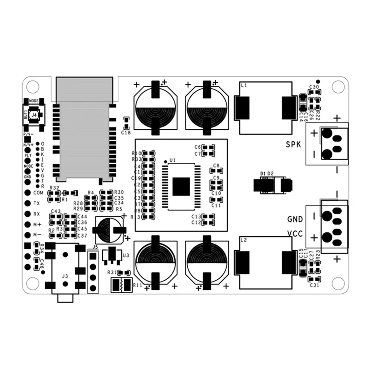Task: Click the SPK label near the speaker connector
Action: pyautogui.click(x=293, y=144)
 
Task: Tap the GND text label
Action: pyautogui.click(x=295, y=219)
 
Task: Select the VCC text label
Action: pyautogui.click(x=295, y=234)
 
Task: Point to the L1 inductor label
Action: pyautogui.click(x=244, y=86)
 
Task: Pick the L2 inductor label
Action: pyautogui.click(x=244, y=240)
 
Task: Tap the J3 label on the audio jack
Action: pyautogui.click(x=65, y=276)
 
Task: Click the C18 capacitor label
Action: pyautogui.click(x=126, y=132)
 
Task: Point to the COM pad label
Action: pyautogui.click(x=38, y=193)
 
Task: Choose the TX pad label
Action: pyautogui.click(x=37, y=203)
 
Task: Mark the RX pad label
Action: pyautogui.click(x=37, y=214)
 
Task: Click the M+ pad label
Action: pyautogui.click(x=37, y=224)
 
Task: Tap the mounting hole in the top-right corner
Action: pyautogui.click(x=338, y=86)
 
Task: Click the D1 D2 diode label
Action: pyautogui.click(x=267, y=173)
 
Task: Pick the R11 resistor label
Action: pyautogui.click(x=137, y=285)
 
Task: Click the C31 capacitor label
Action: pyautogui.click(x=314, y=285)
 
